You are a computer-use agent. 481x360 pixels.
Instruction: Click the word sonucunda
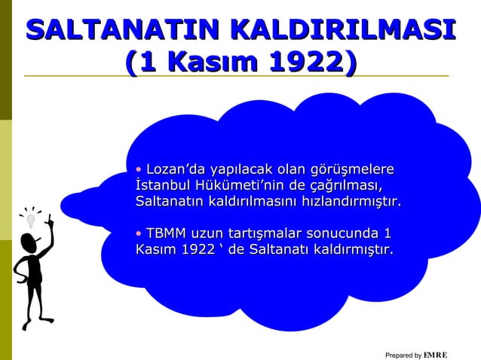coord(354,232)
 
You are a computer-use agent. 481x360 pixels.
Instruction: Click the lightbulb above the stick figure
coord(31,220)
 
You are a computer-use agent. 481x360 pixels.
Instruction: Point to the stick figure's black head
coord(28,243)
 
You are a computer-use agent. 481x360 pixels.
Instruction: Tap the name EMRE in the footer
coord(436,354)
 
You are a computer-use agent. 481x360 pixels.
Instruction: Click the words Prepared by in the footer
coord(403,355)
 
